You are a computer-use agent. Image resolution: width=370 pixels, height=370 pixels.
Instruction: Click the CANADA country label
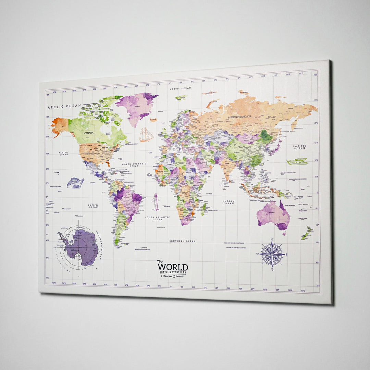click(89, 133)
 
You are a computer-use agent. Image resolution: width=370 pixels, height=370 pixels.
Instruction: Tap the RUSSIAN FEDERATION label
click(239, 117)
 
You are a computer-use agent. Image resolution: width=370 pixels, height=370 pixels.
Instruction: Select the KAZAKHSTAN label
click(217, 138)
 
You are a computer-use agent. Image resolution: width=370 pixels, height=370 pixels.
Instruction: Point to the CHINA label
click(237, 152)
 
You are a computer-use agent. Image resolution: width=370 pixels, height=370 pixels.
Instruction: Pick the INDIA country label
click(227, 163)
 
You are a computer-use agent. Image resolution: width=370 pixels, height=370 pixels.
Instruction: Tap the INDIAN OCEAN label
click(229, 202)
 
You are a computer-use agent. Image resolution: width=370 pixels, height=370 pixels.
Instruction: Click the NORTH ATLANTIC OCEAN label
click(134, 165)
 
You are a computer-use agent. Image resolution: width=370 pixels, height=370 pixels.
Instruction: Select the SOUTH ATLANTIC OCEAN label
click(157, 218)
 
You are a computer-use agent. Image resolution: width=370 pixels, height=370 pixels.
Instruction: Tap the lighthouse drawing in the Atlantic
click(156, 202)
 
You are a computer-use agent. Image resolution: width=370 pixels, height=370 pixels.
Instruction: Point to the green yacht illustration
click(297, 161)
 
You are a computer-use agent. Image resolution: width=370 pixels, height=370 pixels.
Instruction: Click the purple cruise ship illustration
click(75, 183)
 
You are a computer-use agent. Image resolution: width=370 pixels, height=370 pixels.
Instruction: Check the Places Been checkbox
click(162, 276)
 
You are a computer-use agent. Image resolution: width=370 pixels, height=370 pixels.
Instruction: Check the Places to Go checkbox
click(174, 276)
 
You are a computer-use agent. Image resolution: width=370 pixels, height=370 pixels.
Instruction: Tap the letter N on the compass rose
click(272, 240)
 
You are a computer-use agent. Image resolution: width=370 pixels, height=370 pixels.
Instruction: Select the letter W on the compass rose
click(258, 254)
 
